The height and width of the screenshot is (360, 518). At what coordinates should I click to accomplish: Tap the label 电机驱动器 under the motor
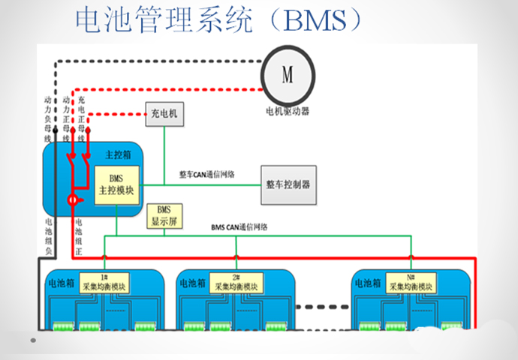(288, 111)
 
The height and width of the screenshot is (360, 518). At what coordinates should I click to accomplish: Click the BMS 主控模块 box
(116, 185)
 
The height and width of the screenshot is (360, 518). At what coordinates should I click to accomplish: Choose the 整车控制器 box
(288, 184)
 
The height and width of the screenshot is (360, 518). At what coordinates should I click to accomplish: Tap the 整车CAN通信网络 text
(206, 174)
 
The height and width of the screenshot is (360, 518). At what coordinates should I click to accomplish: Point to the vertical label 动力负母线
(47, 118)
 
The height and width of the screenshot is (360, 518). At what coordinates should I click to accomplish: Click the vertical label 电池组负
(48, 235)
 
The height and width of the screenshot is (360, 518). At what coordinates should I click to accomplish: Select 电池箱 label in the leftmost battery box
(61, 283)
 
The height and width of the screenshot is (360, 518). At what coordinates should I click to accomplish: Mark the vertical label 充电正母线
(81, 118)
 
